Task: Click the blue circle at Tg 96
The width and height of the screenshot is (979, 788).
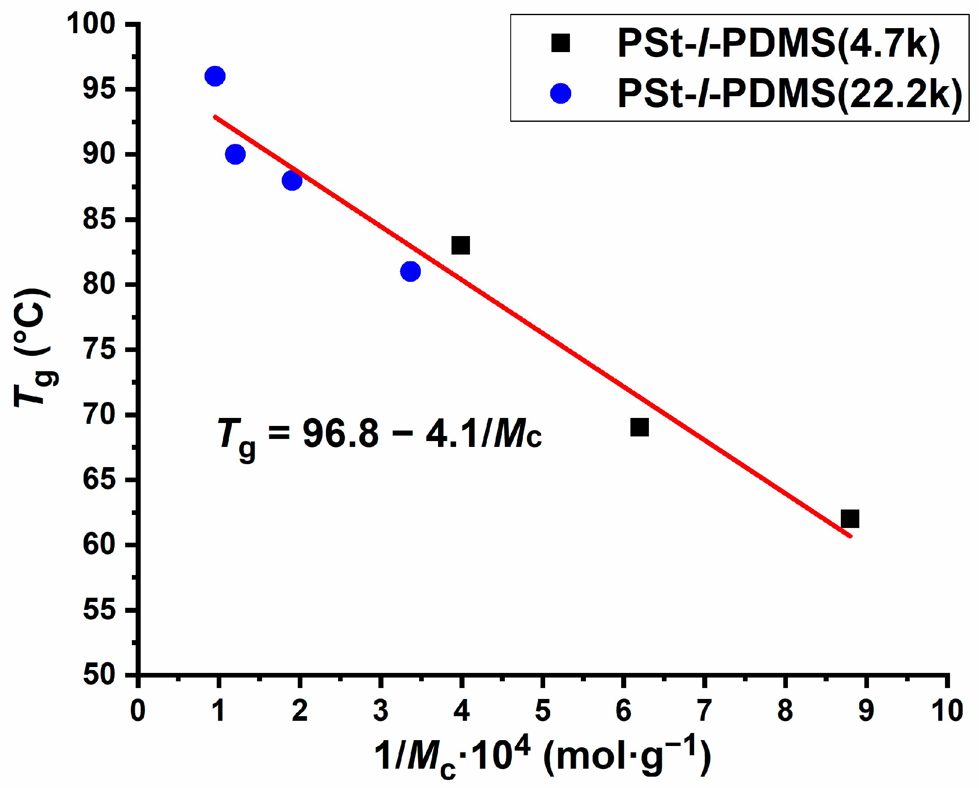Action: pos(215,76)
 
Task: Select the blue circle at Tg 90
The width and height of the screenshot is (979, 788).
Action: pos(235,155)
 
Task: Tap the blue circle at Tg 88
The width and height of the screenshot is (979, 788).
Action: pos(291,181)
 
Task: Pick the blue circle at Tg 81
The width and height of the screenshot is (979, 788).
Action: pos(410,272)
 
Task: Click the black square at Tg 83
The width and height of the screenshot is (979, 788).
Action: pos(460,246)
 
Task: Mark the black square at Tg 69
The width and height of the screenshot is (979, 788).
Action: pos(639,427)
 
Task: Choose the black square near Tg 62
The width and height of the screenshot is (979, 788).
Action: pos(850,519)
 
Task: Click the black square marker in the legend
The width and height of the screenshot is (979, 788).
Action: pos(560,44)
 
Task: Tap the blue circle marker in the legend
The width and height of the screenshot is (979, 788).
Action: pos(560,94)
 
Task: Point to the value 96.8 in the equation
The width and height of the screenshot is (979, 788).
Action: pos(341,434)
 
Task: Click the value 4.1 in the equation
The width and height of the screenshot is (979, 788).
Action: pos(452,434)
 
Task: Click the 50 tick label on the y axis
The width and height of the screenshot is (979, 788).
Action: pos(99,675)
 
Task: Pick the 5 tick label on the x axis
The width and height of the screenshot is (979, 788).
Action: pos(543,711)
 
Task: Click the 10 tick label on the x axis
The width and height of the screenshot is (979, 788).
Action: pos(947,711)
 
